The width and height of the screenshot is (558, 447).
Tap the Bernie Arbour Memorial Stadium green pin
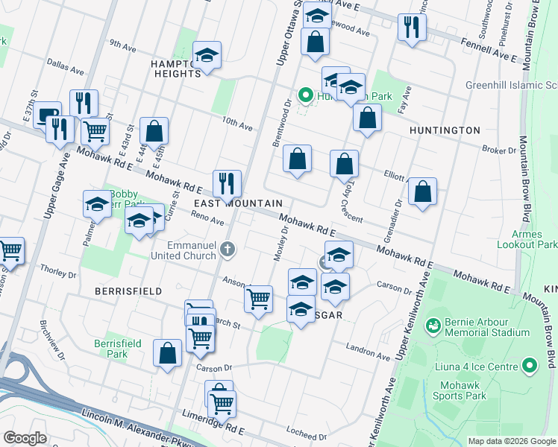pos(432,326)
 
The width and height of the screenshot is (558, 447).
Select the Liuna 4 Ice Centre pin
pos(530,366)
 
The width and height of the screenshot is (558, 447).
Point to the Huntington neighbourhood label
pos(445,130)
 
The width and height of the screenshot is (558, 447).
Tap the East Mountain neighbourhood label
pos(238,203)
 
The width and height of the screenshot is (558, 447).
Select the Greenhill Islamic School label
pos(507,85)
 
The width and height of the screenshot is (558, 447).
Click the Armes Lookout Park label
pos(530,238)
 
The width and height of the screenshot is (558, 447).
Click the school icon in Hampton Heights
pos(207,55)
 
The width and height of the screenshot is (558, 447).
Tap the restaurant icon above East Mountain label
pos(227,183)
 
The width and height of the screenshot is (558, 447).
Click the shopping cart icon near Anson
pos(259,299)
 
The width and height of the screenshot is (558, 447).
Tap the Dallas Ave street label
pos(66,67)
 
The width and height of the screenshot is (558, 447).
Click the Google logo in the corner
pos(25,437)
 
